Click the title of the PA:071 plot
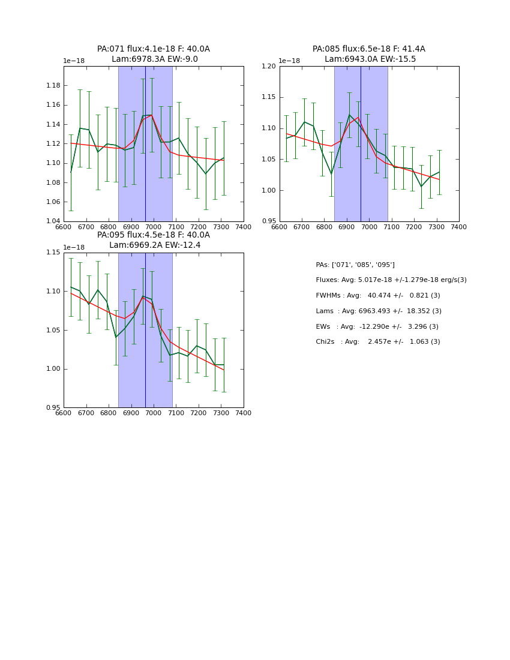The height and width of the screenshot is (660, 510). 154,54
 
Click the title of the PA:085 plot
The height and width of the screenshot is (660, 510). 369,54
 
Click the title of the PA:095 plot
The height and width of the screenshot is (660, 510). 154,240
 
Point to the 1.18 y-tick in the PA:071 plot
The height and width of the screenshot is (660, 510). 52,86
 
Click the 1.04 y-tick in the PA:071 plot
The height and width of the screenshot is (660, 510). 52,221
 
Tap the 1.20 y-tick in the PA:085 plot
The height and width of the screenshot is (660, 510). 268,66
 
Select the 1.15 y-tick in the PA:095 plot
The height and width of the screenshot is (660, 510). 52,253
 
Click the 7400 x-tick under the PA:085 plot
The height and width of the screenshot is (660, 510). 458,227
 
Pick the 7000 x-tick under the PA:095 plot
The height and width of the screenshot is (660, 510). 154,413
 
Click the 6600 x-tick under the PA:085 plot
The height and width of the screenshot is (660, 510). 280,227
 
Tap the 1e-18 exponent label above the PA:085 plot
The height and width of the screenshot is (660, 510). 289,61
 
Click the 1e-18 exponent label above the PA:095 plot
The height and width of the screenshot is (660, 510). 74,247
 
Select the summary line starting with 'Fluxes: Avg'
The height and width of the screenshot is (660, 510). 391,280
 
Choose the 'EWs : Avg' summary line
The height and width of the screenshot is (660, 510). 377,326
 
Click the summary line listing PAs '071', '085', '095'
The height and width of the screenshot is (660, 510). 355,265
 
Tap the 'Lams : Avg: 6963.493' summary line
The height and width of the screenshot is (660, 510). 378,311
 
